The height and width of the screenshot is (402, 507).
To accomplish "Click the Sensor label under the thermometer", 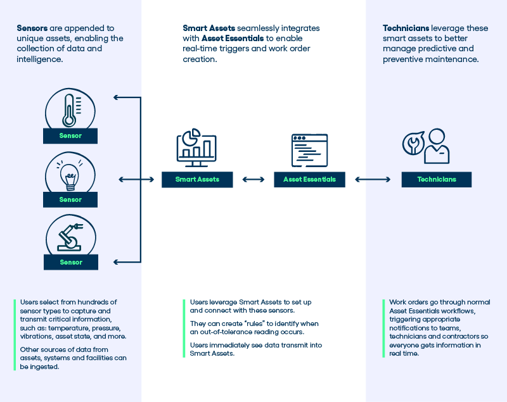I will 70,135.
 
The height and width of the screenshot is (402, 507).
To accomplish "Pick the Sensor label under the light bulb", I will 70,199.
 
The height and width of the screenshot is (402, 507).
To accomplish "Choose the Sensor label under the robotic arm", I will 71,262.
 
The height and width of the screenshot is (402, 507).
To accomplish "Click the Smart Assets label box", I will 197,179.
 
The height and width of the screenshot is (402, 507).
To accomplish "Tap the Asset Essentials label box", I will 309,179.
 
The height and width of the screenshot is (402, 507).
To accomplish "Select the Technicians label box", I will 437,179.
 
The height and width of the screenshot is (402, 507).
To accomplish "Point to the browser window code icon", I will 309,150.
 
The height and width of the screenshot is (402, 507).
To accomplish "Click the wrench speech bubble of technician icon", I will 412,143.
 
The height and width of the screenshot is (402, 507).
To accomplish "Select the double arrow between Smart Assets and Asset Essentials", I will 253,179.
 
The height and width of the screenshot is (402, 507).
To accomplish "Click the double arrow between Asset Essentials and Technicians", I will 373,179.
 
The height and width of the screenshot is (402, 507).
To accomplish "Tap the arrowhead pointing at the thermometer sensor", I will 117,97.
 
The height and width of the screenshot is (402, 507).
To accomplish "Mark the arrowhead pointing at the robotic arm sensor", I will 117,261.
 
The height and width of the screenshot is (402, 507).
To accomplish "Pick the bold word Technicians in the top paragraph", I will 406,28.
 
